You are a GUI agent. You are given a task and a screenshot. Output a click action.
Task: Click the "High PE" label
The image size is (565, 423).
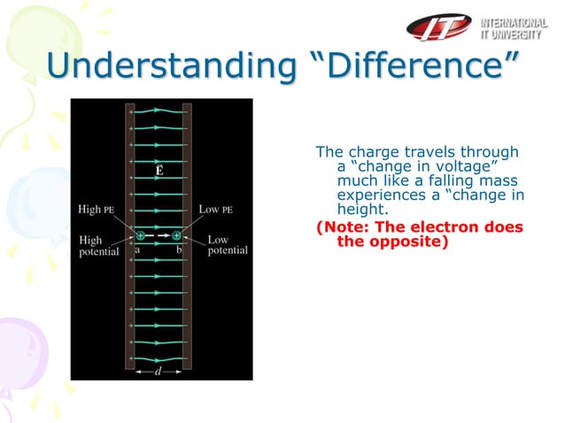tap(97, 210)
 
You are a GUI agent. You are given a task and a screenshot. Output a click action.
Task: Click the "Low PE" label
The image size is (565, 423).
tap(216, 210)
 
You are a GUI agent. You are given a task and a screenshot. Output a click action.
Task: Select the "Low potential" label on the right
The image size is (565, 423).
tap(228, 245)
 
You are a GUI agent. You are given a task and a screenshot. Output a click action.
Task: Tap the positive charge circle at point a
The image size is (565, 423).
tap(140, 235)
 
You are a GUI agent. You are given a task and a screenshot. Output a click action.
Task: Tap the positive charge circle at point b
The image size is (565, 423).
tap(177, 235)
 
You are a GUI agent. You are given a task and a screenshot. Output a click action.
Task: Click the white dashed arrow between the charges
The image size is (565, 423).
tap(159, 235)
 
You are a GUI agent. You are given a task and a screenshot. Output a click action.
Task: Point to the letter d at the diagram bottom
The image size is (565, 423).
tap(158, 371)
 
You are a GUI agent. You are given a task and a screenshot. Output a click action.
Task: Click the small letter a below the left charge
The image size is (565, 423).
tap(137, 250)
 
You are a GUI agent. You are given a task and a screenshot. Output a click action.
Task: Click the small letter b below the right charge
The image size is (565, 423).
tap(179, 250)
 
